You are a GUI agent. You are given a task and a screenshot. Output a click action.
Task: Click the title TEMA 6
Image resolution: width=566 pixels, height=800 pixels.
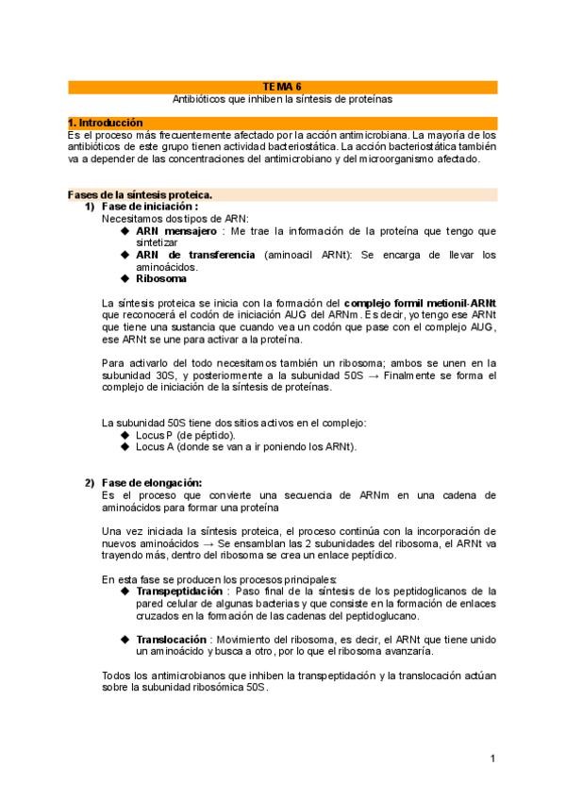282,86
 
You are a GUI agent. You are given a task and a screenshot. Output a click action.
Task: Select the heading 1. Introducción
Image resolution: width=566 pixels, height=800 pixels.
105,123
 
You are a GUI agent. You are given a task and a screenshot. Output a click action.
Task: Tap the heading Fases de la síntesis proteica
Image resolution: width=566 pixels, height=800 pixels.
140,194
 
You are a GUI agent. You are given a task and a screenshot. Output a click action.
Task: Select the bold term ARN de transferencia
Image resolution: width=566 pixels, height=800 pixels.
195,255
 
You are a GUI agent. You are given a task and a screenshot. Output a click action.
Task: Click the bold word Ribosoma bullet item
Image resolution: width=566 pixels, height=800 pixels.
161,278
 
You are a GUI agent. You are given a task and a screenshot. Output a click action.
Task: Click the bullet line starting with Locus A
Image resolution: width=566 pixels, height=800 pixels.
246,446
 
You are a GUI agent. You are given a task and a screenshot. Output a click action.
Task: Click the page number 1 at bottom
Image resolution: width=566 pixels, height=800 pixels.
492,758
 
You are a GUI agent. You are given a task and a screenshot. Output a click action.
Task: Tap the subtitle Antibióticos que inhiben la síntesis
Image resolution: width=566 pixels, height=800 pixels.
282,98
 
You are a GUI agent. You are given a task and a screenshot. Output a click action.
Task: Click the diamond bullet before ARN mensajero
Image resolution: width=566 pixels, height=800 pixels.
125,229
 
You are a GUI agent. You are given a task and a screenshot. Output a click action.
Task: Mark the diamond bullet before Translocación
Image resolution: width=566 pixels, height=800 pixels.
125,639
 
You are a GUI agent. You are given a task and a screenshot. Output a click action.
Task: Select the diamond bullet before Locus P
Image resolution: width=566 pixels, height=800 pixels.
125,435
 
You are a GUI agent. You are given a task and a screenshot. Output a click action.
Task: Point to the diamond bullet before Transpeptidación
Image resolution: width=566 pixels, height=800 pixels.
125,591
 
